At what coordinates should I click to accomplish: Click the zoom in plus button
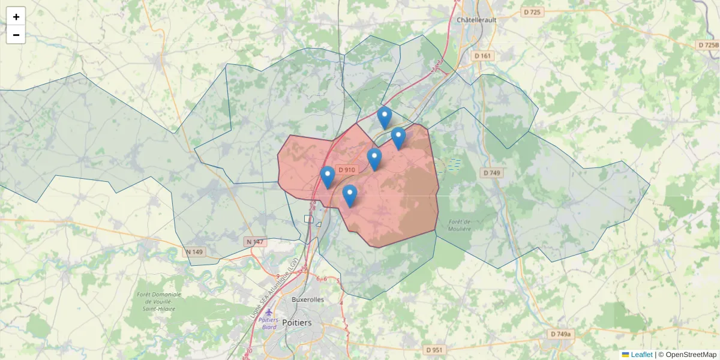tap(16, 17)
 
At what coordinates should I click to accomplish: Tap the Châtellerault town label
tap(479, 20)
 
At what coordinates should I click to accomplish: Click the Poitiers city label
tap(296, 322)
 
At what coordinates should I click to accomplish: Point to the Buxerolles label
tap(307, 299)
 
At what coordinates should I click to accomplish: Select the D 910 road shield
tap(347, 170)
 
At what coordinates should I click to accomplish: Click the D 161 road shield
tap(482, 56)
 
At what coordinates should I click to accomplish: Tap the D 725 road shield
tap(532, 13)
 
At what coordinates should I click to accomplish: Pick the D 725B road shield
tap(708, 45)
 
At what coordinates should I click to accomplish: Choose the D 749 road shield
tap(491, 173)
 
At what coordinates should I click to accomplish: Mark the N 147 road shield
tap(255, 242)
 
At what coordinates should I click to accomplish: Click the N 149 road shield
tap(194, 252)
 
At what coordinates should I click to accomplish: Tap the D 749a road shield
tap(561, 334)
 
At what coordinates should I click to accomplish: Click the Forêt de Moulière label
tap(461, 224)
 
